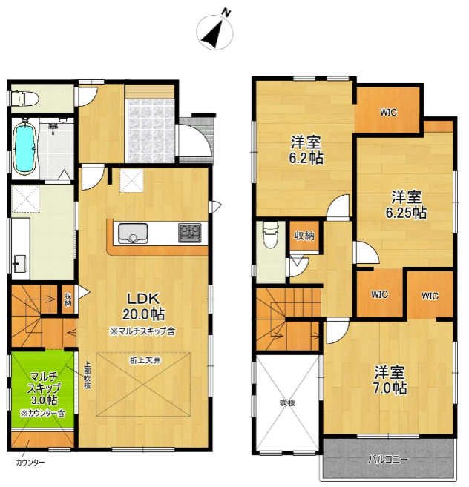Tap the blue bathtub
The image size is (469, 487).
25,148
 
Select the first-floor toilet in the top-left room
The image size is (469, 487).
24,98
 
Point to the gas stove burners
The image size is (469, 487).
190,233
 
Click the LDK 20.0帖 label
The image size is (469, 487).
143,307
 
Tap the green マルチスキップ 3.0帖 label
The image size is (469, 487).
44,389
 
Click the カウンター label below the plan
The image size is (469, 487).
30,463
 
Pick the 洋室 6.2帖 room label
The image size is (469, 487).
306,150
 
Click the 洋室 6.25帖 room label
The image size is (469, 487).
406,205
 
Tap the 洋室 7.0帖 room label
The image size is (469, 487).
390,380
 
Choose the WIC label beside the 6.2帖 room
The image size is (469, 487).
388,112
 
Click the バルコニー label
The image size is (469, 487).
388,460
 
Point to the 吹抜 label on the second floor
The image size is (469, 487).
287,403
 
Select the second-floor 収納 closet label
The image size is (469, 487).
304,236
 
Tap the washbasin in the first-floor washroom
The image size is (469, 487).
20,263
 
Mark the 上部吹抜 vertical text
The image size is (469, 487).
88,375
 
